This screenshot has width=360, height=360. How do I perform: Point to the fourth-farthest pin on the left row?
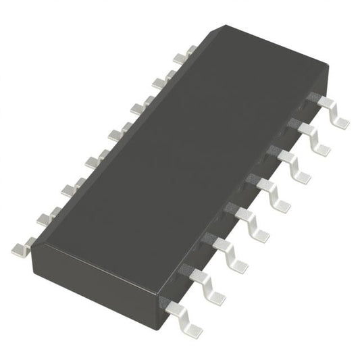[x=115, y=130]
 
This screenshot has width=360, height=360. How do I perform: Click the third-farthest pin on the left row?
[x=139, y=105]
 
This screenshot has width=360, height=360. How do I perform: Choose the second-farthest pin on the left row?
[x=161, y=79]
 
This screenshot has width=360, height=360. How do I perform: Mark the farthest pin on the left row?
[x=182, y=54]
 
